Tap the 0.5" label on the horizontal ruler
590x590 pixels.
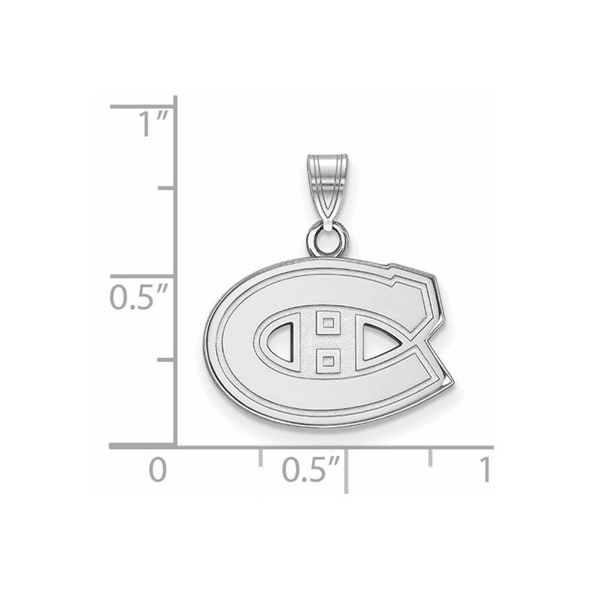(307, 470)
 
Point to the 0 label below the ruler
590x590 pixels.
(157, 470)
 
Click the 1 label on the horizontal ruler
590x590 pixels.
(484, 470)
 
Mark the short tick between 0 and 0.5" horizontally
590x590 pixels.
(260, 457)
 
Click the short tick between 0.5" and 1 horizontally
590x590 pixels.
(430, 457)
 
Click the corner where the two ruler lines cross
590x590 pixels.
(175, 447)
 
